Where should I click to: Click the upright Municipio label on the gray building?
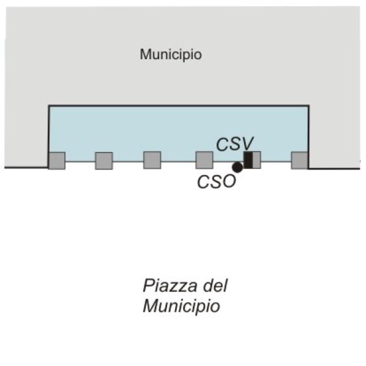[171, 55]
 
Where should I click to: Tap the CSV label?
[235, 144]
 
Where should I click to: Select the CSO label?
[217, 182]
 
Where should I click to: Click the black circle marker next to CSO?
[237, 167]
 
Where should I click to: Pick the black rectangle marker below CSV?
[248, 160]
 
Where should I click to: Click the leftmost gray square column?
[57, 160]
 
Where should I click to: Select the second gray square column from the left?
[104, 160]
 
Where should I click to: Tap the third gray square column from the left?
[152, 160]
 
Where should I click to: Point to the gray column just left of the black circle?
[204, 160]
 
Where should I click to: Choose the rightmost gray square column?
[300, 160]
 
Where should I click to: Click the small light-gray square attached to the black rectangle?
[257, 160]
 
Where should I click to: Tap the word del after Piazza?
[215, 285]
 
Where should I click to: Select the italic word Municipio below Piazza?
[181, 306]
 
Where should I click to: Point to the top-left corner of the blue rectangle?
[49, 106]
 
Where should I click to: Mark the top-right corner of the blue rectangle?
[309, 106]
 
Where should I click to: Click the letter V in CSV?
[248, 144]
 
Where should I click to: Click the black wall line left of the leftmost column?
[26, 167]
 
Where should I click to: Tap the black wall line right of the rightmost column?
[334, 168]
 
